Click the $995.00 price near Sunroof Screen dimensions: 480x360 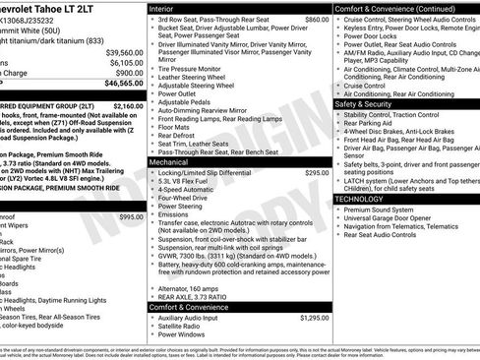pos(130,215)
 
